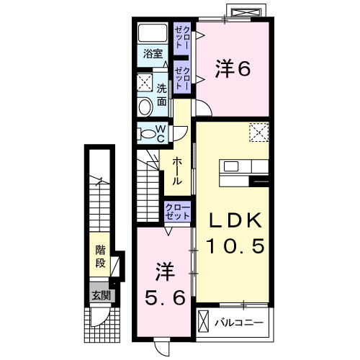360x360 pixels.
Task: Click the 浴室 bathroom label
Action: click(x=151, y=54)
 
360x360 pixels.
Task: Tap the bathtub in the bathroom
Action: click(x=153, y=33)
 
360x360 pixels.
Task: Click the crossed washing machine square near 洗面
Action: click(x=145, y=81)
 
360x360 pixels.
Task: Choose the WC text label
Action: click(x=161, y=134)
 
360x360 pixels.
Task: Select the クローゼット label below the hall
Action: click(x=177, y=212)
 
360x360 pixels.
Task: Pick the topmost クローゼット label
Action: click(x=182, y=36)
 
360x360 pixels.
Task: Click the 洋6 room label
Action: click(x=232, y=70)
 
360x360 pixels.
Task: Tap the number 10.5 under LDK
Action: click(x=236, y=246)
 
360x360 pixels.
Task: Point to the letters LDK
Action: click(x=235, y=220)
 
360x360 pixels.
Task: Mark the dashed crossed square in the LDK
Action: click(x=258, y=132)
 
